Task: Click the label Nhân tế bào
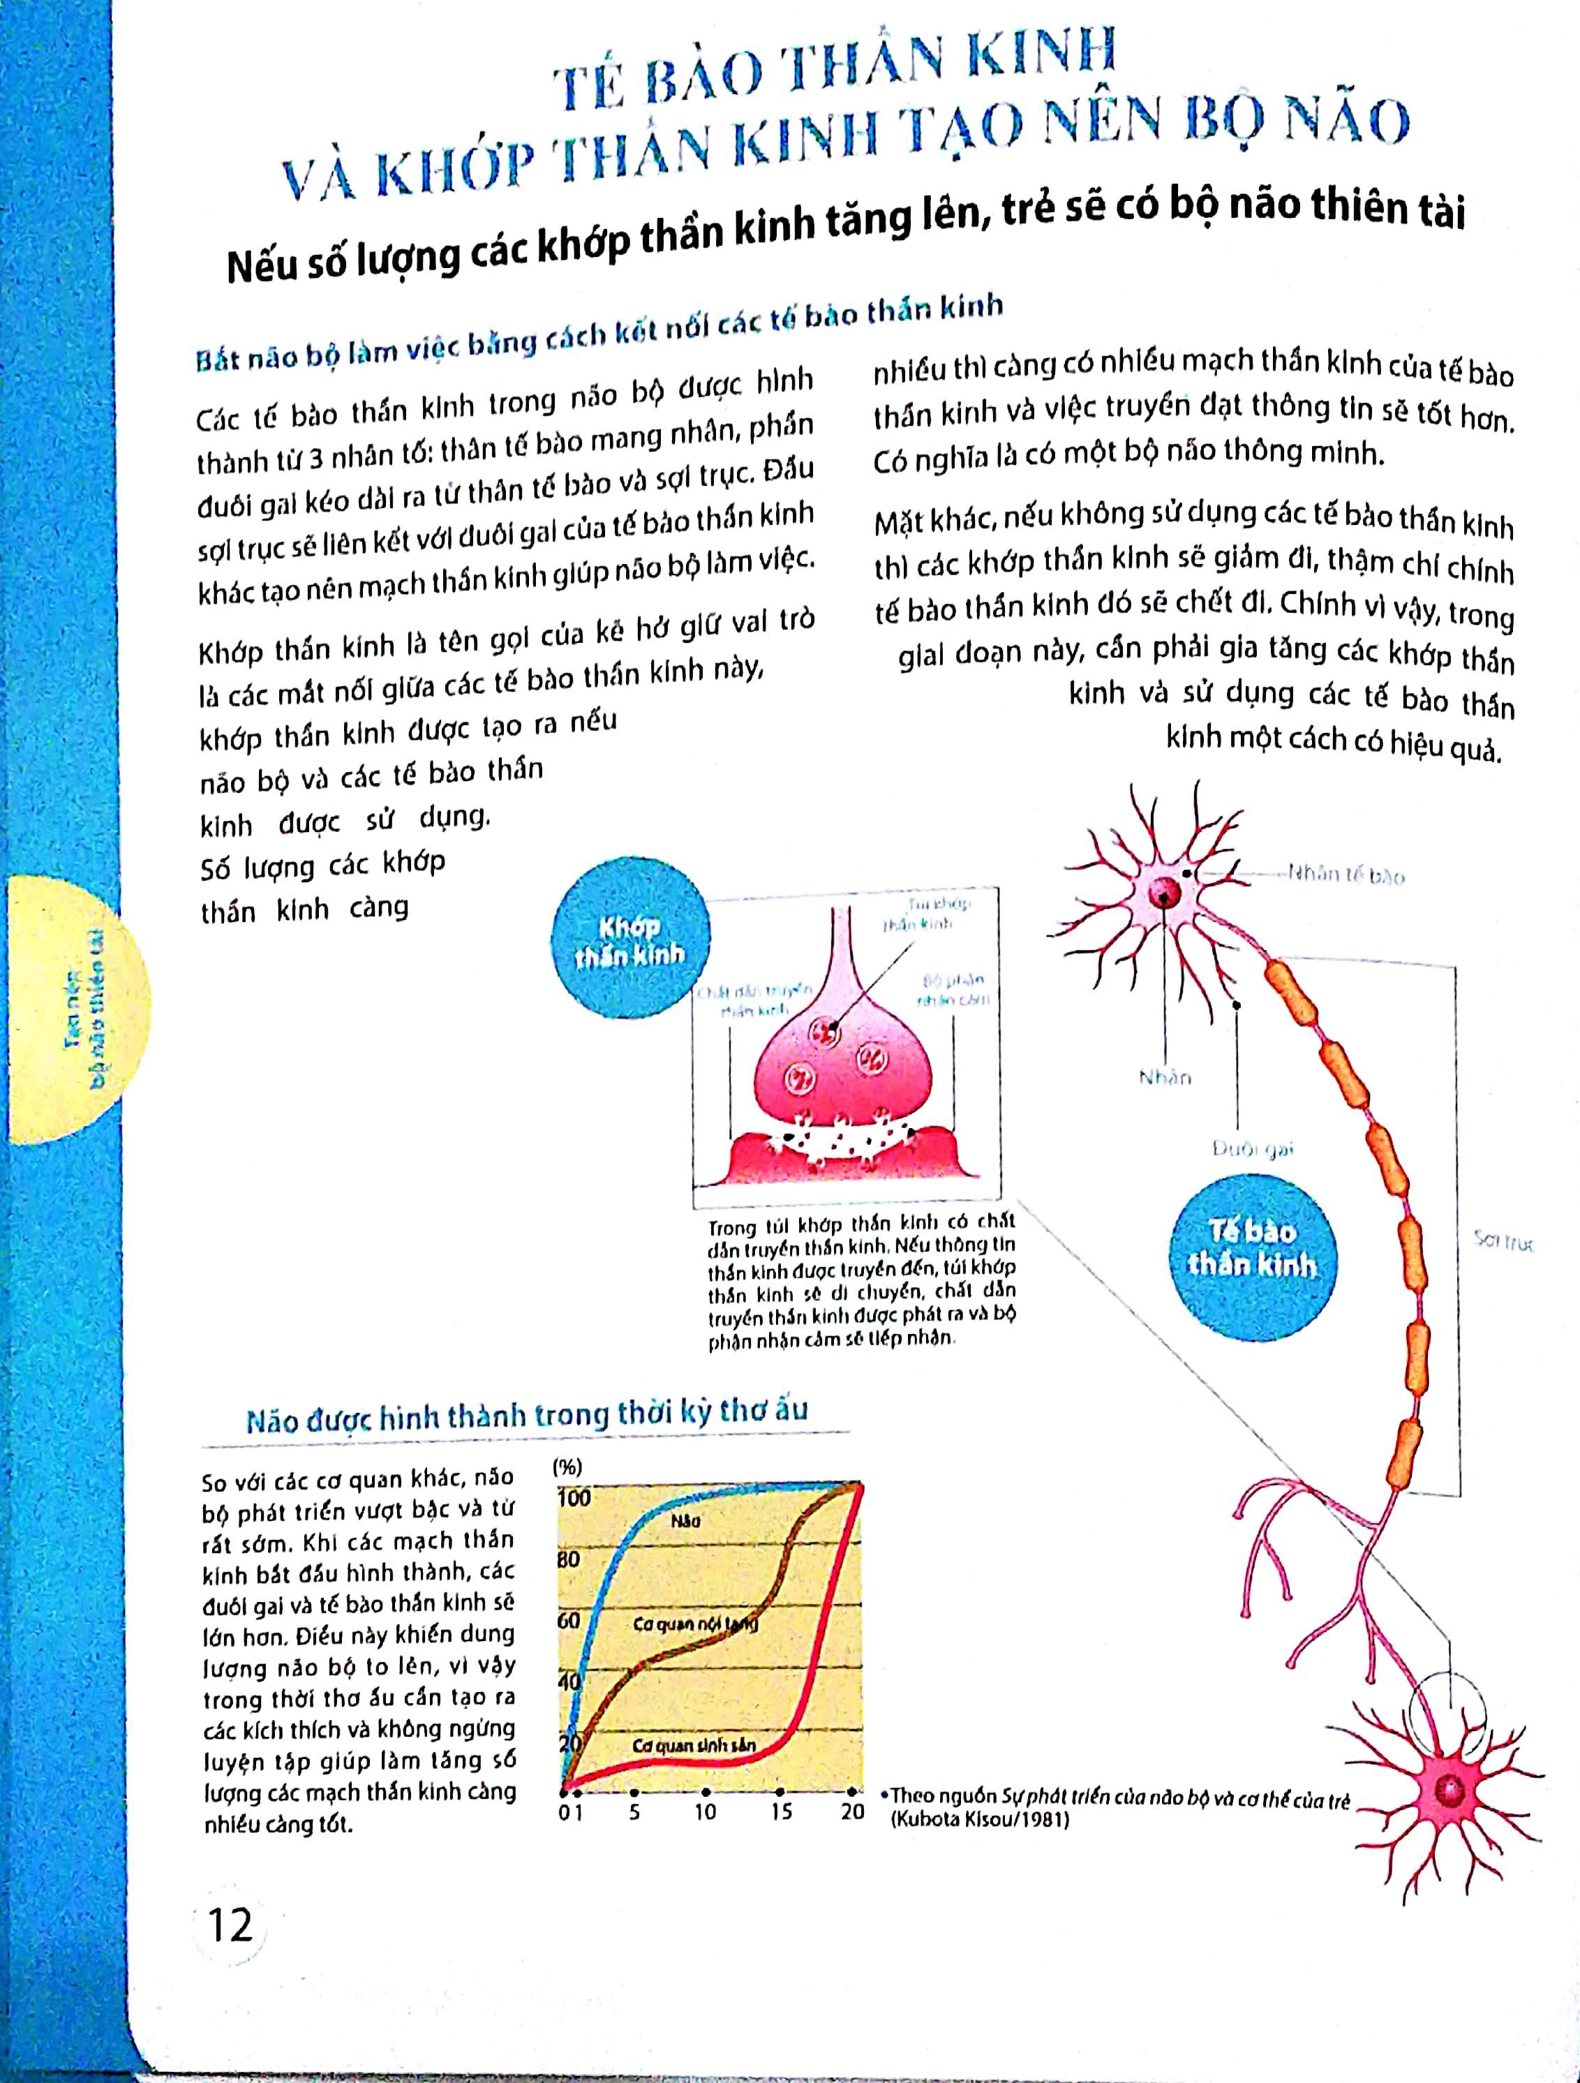(1346, 876)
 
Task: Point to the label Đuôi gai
(1252, 1149)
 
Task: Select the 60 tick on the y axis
(569, 1619)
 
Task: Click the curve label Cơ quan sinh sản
(694, 1745)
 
